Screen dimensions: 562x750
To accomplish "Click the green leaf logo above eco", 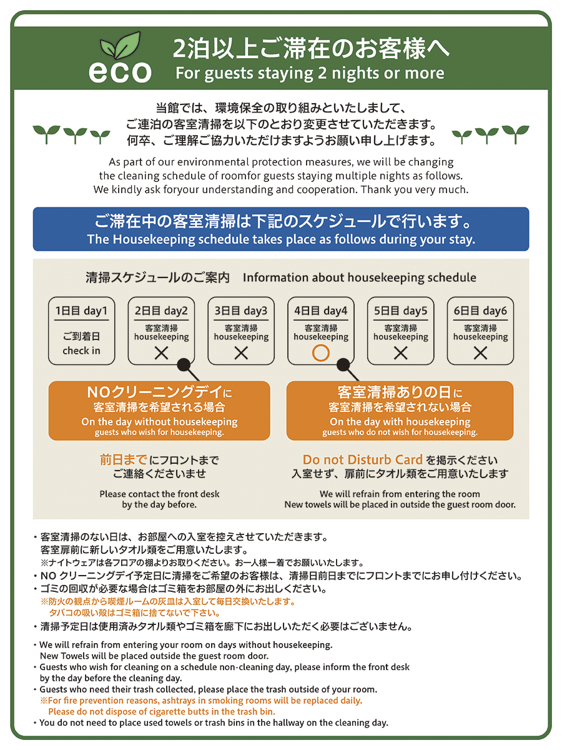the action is click(120, 46).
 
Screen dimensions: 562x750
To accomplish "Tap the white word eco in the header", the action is click(120, 72).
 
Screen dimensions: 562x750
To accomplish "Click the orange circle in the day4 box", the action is click(320, 352).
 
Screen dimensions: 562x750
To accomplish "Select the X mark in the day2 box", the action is click(161, 353).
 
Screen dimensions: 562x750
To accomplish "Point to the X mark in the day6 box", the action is click(480, 353).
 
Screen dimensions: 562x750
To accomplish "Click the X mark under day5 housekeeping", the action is click(400, 353).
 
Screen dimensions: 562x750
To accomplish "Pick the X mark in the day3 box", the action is click(241, 353).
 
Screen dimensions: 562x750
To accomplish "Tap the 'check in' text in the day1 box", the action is click(81, 351).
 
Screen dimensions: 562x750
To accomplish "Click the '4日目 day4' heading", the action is click(321, 311).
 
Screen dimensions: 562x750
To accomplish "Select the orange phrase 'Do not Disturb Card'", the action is click(362, 459).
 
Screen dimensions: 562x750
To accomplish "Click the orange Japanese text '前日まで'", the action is click(124, 459).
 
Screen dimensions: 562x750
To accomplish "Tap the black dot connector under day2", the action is click(184, 365).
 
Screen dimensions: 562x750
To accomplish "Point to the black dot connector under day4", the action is click(343, 365).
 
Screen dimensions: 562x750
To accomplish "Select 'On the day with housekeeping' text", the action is click(400, 422).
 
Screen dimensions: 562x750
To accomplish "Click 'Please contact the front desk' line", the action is click(159, 494).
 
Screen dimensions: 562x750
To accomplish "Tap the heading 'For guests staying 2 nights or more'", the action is click(310, 73).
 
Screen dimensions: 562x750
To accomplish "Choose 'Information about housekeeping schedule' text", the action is click(359, 277).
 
